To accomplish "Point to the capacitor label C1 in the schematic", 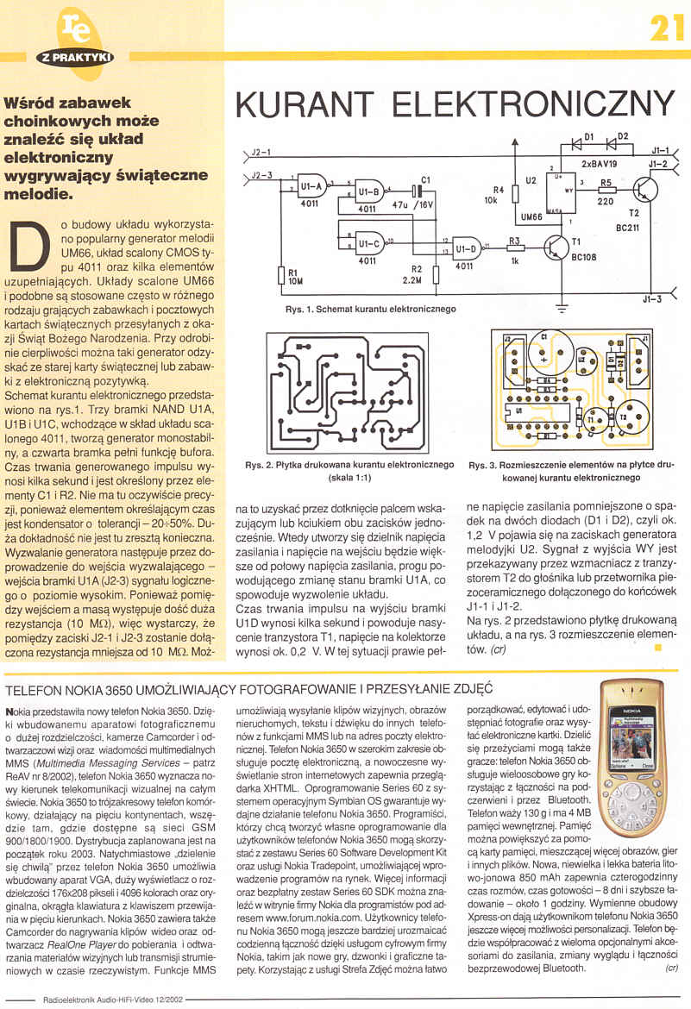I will tap(424, 179).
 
